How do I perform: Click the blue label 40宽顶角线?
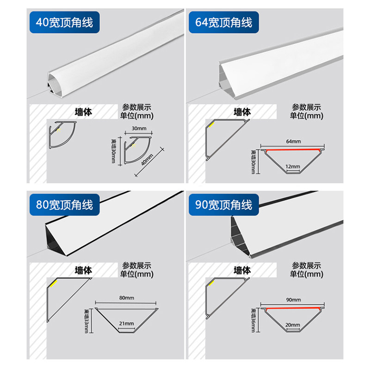click(x=61, y=22)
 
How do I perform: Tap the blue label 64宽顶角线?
click(x=221, y=22)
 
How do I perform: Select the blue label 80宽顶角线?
click(x=61, y=204)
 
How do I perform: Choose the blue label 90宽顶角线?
click(x=221, y=204)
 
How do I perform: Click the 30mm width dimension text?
click(x=138, y=128)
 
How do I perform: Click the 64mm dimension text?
click(x=293, y=141)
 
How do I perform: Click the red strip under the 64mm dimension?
click(x=293, y=150)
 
